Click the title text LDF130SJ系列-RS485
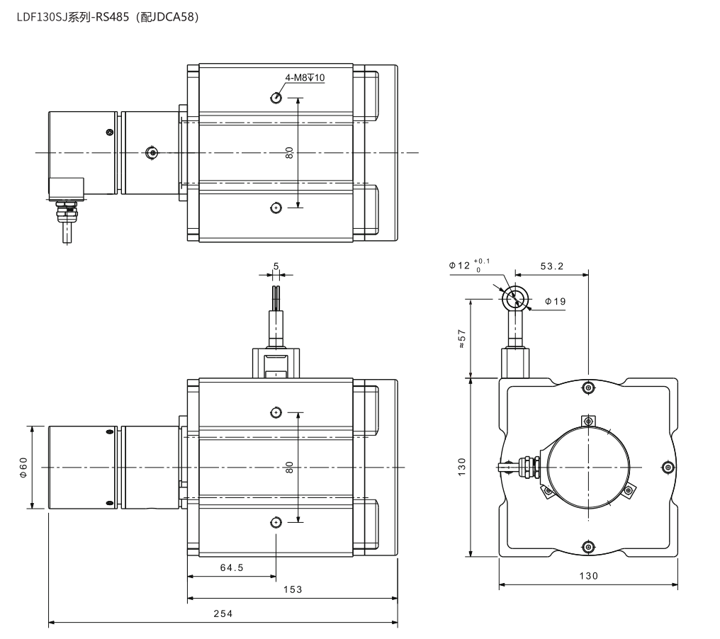(x=73, y=18)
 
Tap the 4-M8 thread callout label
(x=305, y=78)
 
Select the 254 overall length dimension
(x=223, y=613)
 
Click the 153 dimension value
(x=293, y=589)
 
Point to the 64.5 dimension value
(x=232, y=568)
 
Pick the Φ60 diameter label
(x=23, y=468)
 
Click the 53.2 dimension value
(x=551, y=266)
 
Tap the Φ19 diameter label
(x=555, y=302)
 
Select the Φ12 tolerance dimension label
(x=469, y=266)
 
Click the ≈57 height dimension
(x=462, y=339)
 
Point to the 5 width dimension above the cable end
(x=276, y=266)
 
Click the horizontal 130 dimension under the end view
(x=589, y=576)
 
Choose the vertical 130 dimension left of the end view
(x=462, y=467)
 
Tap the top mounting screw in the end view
(x=588, y=388)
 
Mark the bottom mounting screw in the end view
(x=588, y=547)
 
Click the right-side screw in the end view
(x=668, y=468)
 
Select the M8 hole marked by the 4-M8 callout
(x=276, y=98)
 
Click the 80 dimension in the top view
(x=289, y=153)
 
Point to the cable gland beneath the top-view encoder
(x=67, y=212)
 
